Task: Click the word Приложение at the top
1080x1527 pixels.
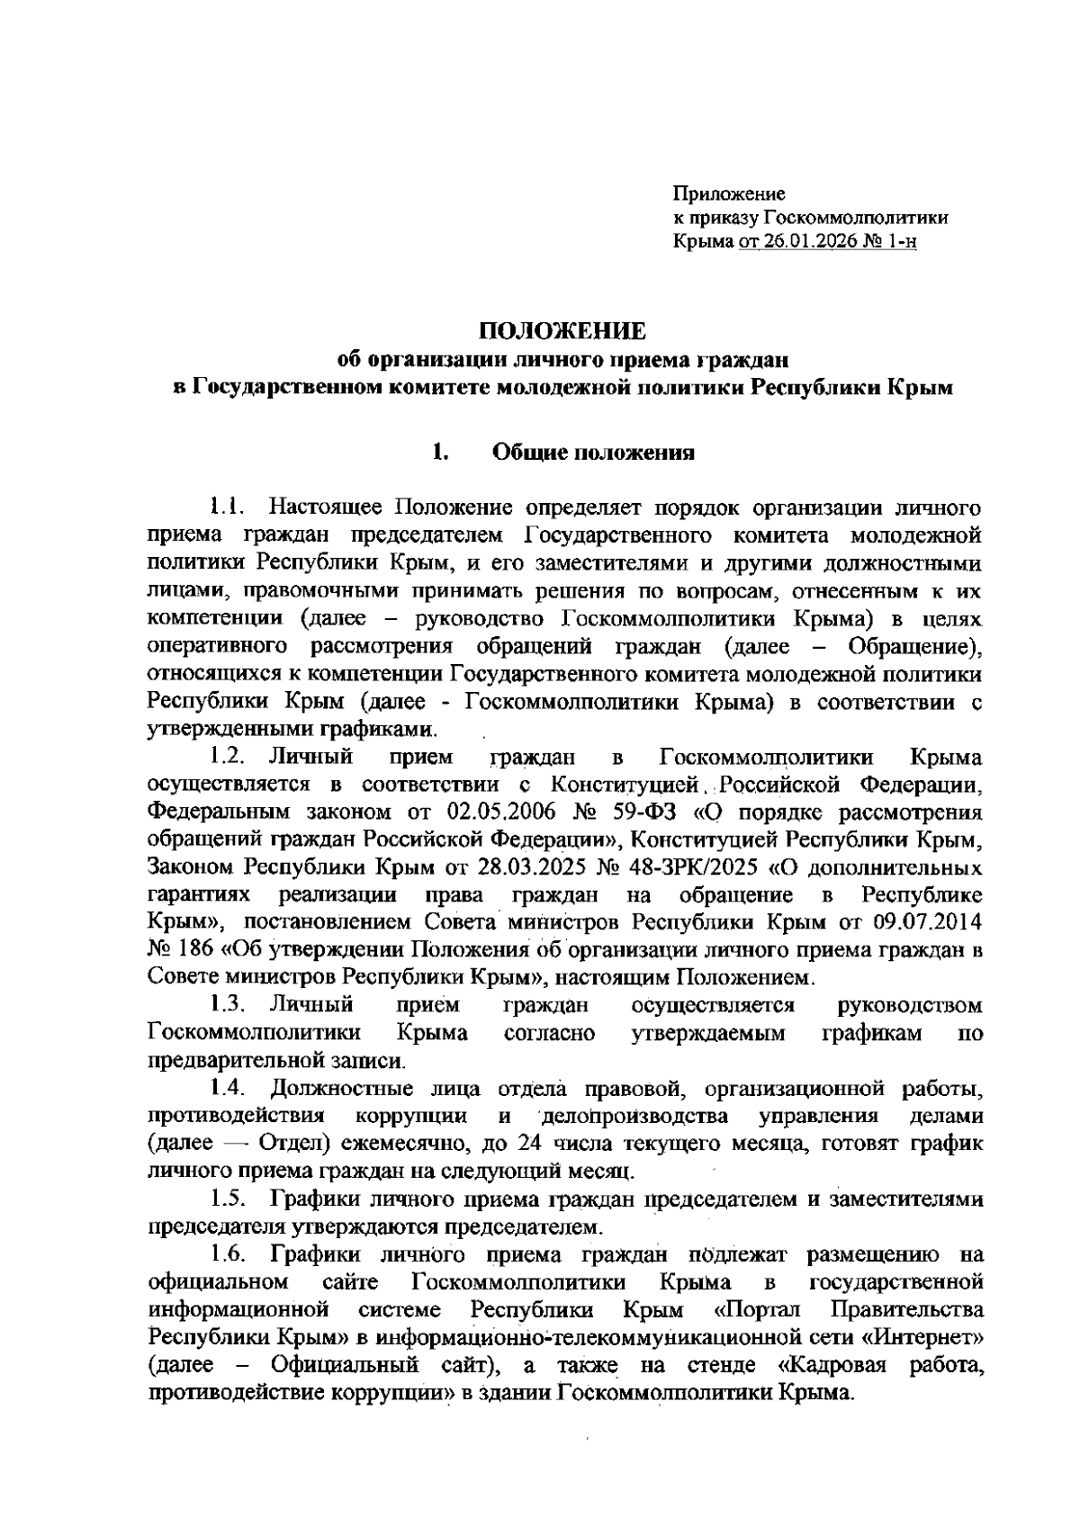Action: click(729, 193)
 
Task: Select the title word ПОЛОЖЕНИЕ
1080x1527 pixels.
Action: click(562, 331)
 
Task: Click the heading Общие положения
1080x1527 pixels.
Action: click(593, 452)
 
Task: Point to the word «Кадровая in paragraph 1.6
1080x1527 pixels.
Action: click(831, 1366)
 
